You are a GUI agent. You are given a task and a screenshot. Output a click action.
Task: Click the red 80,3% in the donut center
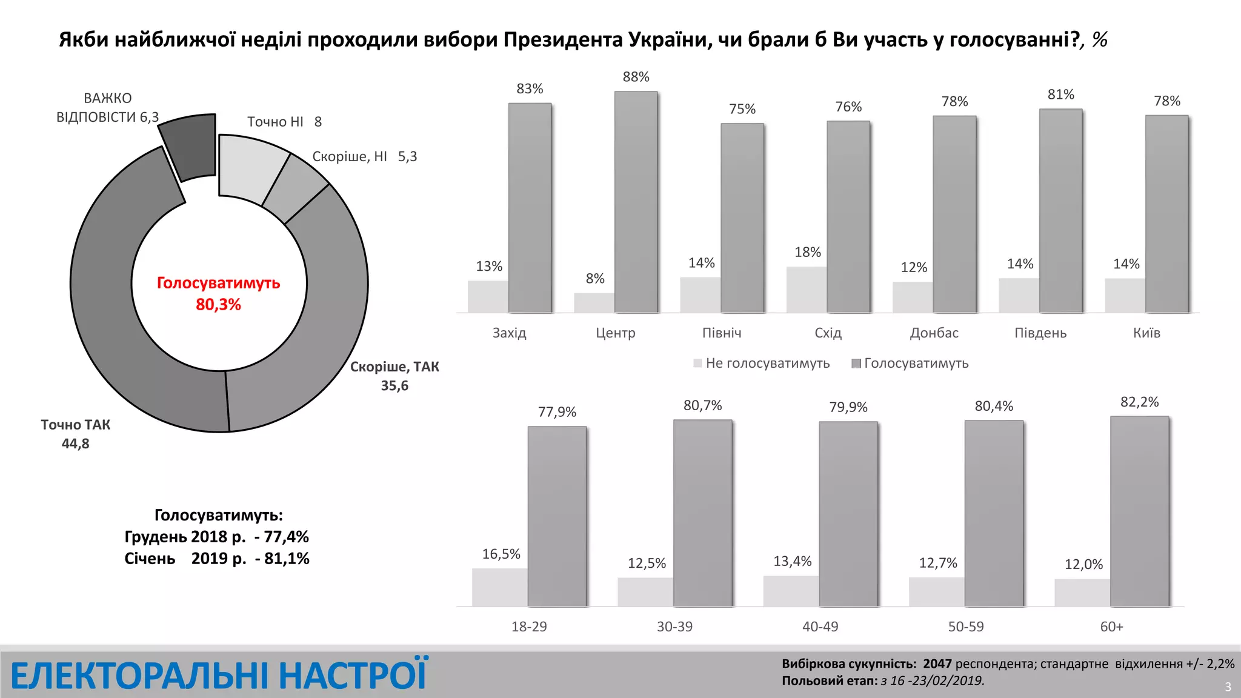pos(218,304)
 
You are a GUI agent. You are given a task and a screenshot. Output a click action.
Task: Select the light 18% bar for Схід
pos(806,290)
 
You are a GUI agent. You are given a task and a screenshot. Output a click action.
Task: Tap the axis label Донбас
pos(934,333)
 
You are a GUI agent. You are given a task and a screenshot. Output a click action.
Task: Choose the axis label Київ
pos(1146,333)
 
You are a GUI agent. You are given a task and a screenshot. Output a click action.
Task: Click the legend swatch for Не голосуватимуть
pos(697,363)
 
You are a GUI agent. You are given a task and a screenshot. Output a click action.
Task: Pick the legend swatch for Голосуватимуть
pos(856,363)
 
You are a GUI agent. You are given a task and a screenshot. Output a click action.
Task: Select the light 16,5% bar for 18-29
pos(499,587)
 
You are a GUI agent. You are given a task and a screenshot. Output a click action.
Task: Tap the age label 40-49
pos(820,627)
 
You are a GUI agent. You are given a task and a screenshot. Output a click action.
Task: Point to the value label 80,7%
pos(702,405)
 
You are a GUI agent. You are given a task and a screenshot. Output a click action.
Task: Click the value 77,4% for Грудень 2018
pos(286,537)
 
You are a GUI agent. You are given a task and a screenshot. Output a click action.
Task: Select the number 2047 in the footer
pos(937,664)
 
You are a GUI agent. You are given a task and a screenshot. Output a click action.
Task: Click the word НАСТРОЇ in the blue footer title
pos(353,676)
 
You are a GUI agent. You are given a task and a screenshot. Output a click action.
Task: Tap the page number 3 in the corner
pos(1228,687)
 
